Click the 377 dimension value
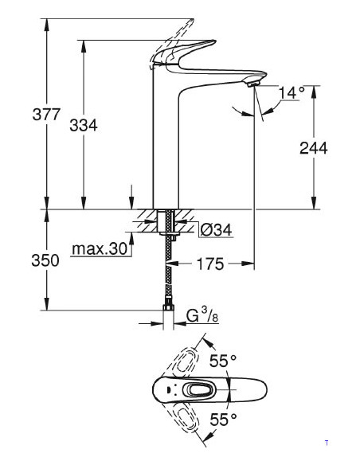(x=46, y=114)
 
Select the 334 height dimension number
(x=84, y=125)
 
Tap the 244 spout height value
(x=314, y=147)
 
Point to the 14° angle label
(x=292, y=92)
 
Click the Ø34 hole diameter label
(x=216, y=230)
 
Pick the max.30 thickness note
(x=100, y=248)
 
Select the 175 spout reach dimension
(x=210, y=264)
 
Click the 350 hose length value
(x=45, y=260)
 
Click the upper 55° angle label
(x=223, y=361)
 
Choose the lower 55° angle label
(x=223, y=420)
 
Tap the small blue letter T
(x=327, y=443)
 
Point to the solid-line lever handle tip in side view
(x=214, y=41)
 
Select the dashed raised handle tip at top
(x=192, y=21)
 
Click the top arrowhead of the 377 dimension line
(x=46, y=24)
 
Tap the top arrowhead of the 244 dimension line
(x=314, y=91)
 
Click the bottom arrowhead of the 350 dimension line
(x=46, y=305)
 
